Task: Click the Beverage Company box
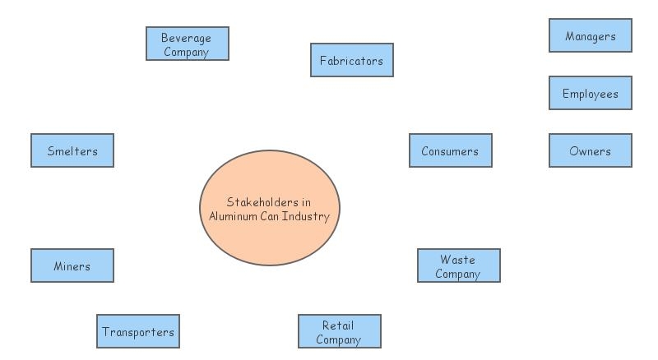click(187, 44)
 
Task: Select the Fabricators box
click(351, 60)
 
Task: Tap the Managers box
click(590, 35)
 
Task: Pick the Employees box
click(590, 93)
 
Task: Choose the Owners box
click(590, 150)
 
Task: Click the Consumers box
click(450, 150)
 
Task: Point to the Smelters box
click(72, 150)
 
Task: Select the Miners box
click(72, 265)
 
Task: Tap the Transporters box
click(138, 331)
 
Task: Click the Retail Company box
click(339, 331)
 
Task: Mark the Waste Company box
click(458, 265)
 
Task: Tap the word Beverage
click(186, 38)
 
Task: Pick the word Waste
click(457, 260)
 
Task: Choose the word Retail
click(338, 325)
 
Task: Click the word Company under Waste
click(457, 274)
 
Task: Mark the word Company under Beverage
click(186, 52)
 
